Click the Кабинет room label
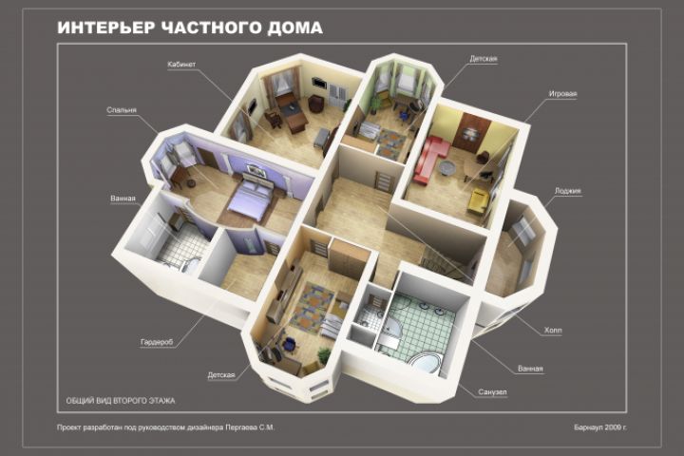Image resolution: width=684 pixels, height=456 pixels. (x=181, y=65)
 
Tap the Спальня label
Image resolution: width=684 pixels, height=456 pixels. (x=122, y=110)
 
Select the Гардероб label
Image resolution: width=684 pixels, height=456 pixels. (x=157, y=343)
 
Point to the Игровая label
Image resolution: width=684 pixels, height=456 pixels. (x=562, y=94)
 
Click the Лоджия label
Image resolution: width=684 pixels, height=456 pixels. (x=567, y=191)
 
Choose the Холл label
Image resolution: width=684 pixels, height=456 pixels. (x=553, y=331)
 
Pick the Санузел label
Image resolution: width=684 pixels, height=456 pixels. (x=492, y=391)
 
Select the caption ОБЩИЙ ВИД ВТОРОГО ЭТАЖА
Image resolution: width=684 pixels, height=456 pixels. (x=121, y=401)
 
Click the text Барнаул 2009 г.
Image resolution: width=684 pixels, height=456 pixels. (x=600, y=427)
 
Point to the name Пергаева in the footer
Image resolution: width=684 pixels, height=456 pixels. (x=241, y=427)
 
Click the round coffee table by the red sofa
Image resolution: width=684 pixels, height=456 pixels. (x=447, y=168)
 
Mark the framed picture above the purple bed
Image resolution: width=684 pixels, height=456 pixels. (x=256, y=170)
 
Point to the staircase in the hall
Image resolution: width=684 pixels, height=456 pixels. (x=445, y=260)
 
